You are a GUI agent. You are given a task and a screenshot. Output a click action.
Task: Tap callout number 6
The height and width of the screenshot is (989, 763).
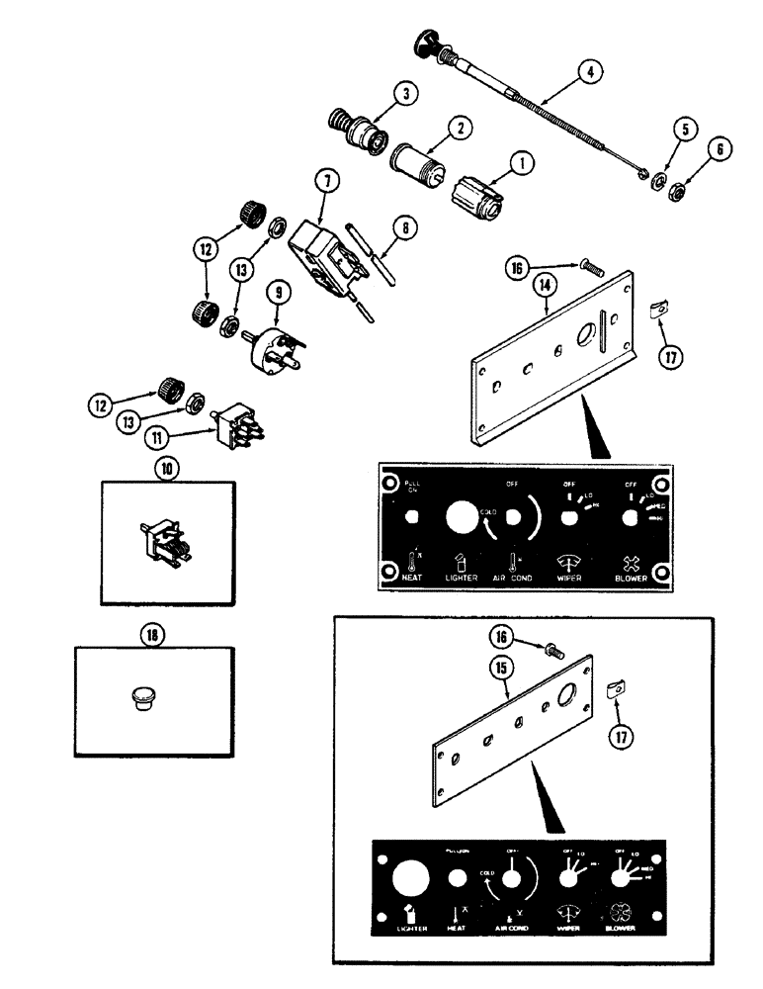click(x=720, y=148)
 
